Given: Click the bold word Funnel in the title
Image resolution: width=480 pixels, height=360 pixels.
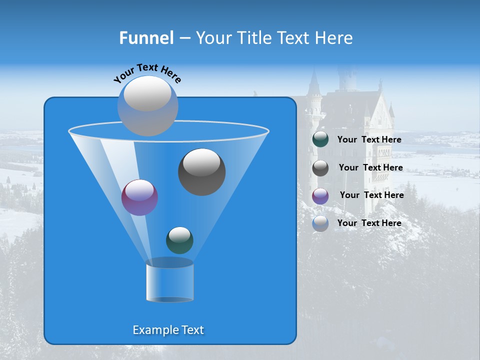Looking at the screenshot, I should click(x=146, y=38).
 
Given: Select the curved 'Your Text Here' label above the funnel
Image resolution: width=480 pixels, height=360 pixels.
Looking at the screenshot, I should click(x=147, y=72).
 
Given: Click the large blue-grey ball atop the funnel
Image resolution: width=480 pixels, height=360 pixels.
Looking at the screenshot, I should click(x=147, y=105).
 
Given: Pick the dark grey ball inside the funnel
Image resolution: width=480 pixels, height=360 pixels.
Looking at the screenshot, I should click(x=201, y=172).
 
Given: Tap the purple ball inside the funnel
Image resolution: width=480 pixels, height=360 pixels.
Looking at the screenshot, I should click(x=139, y=197).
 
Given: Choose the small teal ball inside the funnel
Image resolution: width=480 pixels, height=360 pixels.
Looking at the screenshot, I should click(x=179, y=240).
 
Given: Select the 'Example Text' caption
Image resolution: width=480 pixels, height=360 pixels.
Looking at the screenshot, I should click(x=168, y=330).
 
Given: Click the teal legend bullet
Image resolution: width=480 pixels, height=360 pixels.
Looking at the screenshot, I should click(x=320, y=139).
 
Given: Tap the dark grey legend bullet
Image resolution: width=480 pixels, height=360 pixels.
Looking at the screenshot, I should click(x=320, y=167).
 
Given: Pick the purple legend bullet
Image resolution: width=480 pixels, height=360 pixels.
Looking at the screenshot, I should click(x=320, y=195).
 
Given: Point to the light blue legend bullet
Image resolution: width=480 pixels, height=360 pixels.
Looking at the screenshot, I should click(x=320, y=223).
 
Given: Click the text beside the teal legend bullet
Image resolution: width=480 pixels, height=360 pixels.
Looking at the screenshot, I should click(x=369, y=139).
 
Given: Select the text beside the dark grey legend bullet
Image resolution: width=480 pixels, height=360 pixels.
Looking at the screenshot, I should click(x=370, y=167).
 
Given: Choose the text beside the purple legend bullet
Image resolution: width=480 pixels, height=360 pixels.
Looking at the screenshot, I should click(x=371, y=195).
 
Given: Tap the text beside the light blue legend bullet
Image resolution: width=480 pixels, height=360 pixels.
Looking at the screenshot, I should click(x=369, y=223).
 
